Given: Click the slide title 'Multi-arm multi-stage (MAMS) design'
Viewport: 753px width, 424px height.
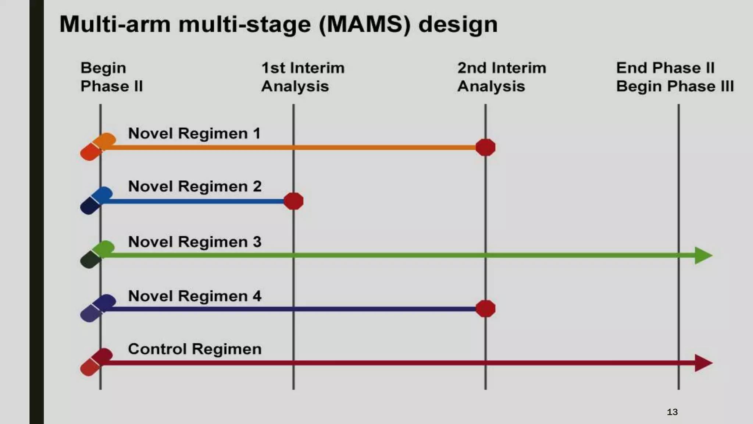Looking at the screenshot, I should (278, 25).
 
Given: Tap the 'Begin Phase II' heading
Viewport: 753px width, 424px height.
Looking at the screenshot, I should (111, 77).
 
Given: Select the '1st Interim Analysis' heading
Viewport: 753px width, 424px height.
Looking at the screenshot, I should (303, 77).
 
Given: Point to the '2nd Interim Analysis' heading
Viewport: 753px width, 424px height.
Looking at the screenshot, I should (502, 77).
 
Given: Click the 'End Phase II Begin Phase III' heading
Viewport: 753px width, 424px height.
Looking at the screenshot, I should (675, 77).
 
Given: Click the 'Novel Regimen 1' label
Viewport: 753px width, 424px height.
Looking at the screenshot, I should (194, 133).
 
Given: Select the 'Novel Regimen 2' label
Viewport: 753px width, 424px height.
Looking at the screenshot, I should (195, 187).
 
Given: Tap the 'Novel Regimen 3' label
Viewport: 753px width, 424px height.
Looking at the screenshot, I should (195, 242).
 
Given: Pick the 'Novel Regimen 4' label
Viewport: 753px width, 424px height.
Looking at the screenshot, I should (195, 296).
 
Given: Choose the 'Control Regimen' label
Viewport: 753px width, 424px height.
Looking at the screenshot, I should (195, 349).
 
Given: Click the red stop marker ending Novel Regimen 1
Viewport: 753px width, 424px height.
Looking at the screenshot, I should (485, 148).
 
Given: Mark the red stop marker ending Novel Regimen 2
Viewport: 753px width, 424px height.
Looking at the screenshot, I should (293, 201).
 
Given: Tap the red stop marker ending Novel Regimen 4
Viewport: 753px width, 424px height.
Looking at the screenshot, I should (485, 309).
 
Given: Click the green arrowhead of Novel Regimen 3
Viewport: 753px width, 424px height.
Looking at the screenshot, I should (703, 255).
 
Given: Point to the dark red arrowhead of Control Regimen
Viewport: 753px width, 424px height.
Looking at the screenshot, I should (703, 363).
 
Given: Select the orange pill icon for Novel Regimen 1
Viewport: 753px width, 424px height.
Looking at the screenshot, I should (98, 146).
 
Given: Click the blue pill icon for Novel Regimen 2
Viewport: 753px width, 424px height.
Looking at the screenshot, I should (96, 200).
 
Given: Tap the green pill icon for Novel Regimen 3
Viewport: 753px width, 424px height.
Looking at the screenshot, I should (97, 254).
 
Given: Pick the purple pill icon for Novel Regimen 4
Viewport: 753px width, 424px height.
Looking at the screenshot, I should (98, 308).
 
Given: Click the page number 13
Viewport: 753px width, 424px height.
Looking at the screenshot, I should (672, 412).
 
